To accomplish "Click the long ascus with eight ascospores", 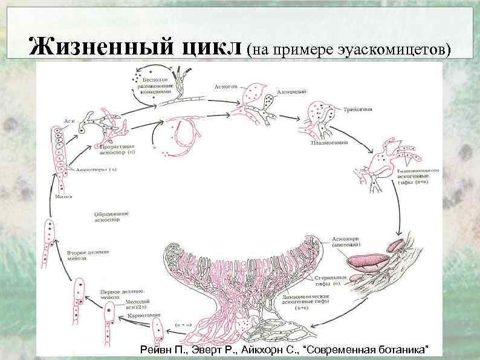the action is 58,145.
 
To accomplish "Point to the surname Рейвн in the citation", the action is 155,350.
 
